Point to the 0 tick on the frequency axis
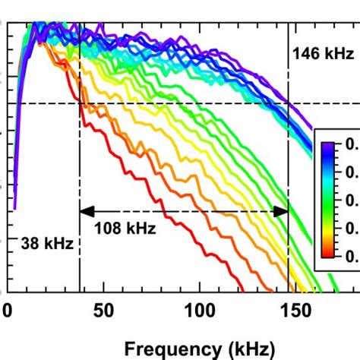[7, 311]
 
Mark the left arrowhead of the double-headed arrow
[86, 212]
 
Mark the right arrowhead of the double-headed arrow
[282, 212]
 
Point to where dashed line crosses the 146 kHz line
[288, 103]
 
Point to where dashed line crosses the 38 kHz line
[80, 103]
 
